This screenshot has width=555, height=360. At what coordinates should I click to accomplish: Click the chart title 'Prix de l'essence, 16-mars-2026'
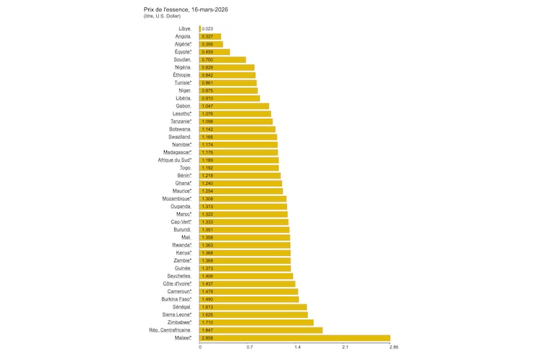click(187, 9)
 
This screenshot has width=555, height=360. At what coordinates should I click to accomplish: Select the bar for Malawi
click(295, 338)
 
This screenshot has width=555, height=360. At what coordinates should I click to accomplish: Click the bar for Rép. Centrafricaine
click(261, 330)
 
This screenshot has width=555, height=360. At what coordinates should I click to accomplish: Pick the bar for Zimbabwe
click(257, 322)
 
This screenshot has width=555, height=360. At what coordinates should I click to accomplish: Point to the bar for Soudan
click(223, 59)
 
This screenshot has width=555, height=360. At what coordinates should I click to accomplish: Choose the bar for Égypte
click(215, 52)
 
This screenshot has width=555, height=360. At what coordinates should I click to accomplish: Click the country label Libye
click(184, 29)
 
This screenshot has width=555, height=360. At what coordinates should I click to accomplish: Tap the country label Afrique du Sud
click(174, 160)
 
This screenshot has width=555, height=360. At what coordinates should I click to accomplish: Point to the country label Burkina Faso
click(176, 299)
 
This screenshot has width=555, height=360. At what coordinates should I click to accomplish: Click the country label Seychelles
click(178, 276)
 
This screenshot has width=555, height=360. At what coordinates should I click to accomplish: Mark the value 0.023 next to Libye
click(207, 29)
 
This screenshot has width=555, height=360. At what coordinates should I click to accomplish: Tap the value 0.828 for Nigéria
click(207, 67)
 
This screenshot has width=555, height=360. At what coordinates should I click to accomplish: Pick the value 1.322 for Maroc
click(207, 214)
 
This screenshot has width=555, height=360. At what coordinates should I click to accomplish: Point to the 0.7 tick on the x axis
click(249, 348)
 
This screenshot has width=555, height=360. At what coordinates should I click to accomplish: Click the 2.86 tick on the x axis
click(393, 348)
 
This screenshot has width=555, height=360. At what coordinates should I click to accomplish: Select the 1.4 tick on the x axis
click(298, 348)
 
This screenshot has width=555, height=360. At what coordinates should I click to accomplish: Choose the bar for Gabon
click(234, 106)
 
